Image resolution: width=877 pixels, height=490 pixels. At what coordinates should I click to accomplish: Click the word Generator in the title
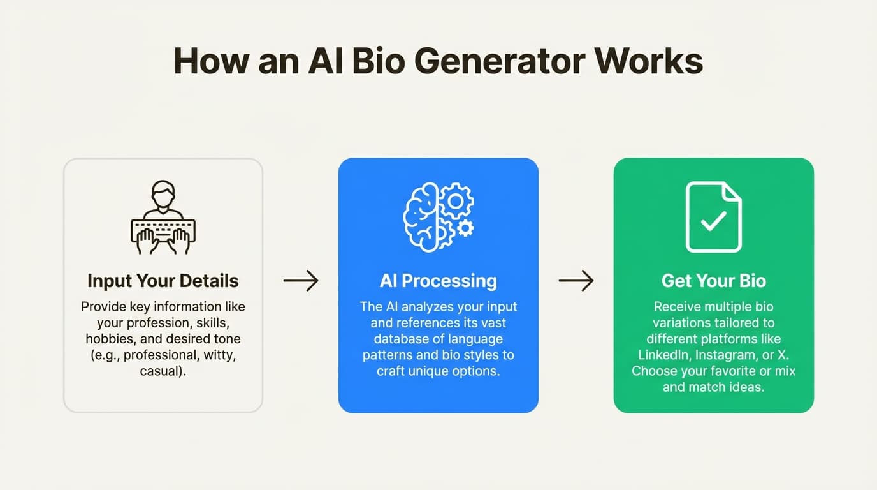click(x=501, y=62)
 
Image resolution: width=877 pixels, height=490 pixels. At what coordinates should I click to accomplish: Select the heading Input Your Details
click(x=163, y=281)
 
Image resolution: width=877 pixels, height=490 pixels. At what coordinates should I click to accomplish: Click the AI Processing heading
click(x=438, y=281)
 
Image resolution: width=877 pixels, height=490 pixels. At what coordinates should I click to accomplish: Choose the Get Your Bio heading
click(x=714, y=281)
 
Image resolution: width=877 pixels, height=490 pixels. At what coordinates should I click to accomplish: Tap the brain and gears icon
click(x=438, y=217)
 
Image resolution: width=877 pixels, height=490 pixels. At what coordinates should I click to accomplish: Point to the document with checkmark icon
click(x=714, y=217)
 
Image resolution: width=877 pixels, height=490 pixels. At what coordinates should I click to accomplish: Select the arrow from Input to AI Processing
click(x=301, y=281)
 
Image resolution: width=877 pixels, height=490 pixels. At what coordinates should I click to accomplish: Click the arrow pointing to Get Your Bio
click(x=576, y=281)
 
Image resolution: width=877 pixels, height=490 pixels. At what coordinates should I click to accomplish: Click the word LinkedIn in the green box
click(x=663, y=355)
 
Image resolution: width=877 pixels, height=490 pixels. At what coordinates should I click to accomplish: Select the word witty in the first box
click(x=219, y=355)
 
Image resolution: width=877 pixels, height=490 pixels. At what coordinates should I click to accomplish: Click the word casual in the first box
click(x=162, y=371)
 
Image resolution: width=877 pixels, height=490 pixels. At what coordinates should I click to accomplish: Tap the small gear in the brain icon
click(x=466, y=228)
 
